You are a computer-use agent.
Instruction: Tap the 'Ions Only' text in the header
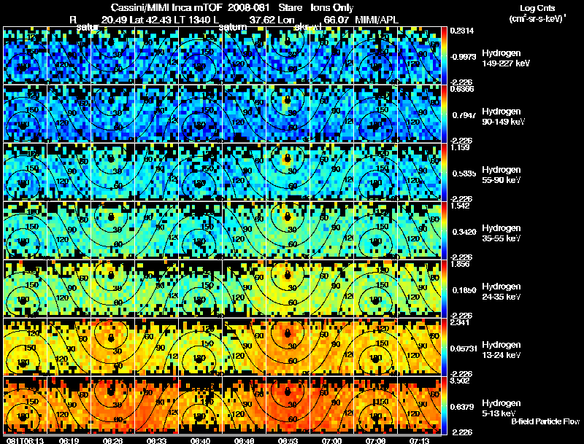(332, 7)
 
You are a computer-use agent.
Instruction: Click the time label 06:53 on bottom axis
(287, 440)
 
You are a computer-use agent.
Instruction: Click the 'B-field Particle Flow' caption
(545, 421)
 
